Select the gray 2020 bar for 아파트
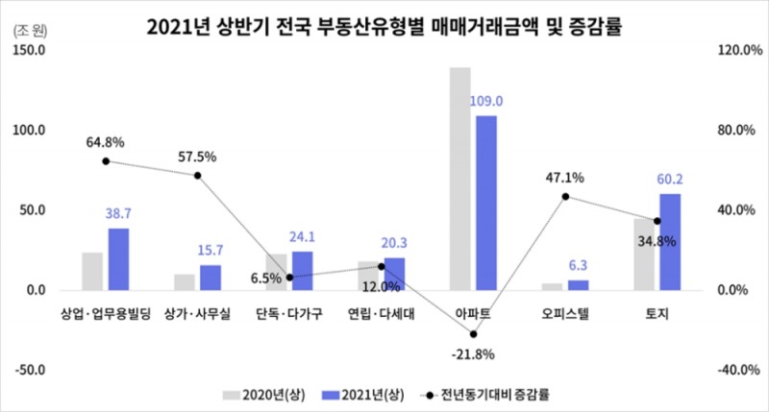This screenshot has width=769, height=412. pyautogui.click(x=460, y=178)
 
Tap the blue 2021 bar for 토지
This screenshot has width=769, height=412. pyautogui.click(x=670, y=241)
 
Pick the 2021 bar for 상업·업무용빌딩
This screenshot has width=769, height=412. pyautogui.click(x=118, y=258)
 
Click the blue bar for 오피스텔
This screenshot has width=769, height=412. pyautogui.click(x=578, y=284)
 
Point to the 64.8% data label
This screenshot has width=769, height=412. pyautogui.click(x=105, y=143)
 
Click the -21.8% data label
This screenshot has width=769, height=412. pyautogui.click(x=473, y=354)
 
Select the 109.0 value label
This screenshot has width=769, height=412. pyautogui.click(x=486, y=101)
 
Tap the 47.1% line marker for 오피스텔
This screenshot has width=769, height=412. pyautogui.click(x=565, y=196)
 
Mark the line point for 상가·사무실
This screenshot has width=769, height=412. pyautogui.click(x=197, y=175)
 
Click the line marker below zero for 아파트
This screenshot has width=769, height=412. pyautogui.click(x=473, y=334)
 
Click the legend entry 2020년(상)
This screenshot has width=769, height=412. pyautogui.click(x=264, y=394)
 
